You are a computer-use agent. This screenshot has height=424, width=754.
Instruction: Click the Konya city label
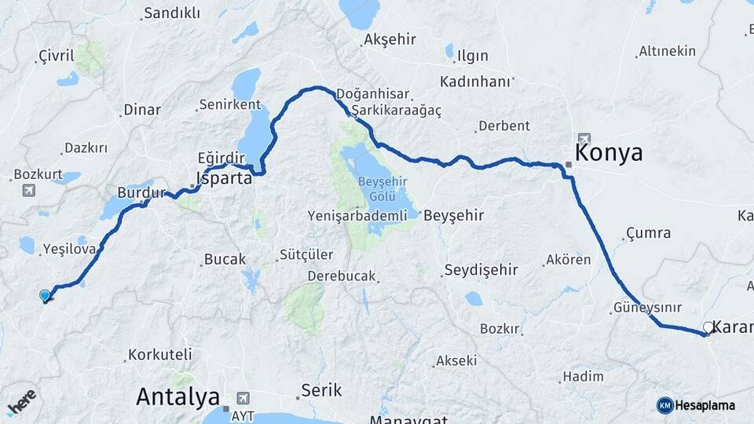pyautogui.click(x=609, y=152)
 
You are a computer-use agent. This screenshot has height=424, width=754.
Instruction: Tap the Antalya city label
pyautogui.click(x=178, y=397)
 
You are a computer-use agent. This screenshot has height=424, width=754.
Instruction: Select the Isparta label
pyautogui.click(x=224, y=178)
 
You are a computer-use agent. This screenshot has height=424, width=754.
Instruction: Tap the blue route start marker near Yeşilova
pyautogui.click(x=45, y=295)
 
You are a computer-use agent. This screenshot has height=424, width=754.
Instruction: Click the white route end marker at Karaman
pyautogui.click(x=708, y=327)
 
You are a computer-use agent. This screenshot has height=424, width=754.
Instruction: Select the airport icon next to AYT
pyautogui.click(x=240, y=397)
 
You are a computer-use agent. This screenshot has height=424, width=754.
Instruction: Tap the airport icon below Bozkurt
pyautogui.click(x=29, y=190)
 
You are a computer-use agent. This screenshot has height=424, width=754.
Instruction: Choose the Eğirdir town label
pyautogui.click(x=215, y=157)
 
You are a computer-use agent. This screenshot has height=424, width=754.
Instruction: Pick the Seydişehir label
pyautogui.click(x=481, y=269)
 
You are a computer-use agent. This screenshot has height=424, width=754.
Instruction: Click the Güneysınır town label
pyautogui.click(x=648, y=307)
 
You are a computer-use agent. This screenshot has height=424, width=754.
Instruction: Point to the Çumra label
pyautogui.click(x=649, y=232)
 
